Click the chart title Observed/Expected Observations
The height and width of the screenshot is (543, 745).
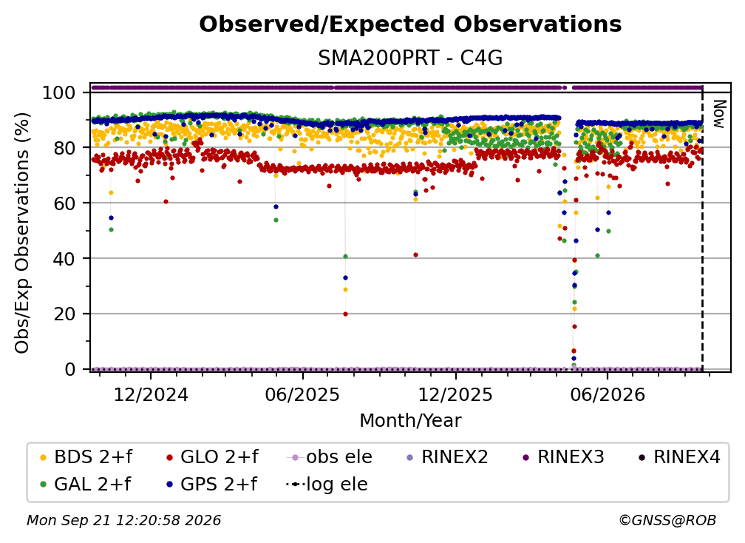coord(410,24)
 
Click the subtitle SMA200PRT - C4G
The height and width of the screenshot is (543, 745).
coord(410,58)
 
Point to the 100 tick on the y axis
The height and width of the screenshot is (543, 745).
coord(58,92)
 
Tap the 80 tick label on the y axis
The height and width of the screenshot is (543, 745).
coord(64,148)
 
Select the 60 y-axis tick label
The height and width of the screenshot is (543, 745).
coord(64,203)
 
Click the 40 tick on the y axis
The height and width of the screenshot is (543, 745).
coord(64,259)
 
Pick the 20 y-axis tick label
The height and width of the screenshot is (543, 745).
coord(64,314)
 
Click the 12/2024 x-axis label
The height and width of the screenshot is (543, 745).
coord(151,394)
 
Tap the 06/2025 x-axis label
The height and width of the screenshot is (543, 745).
coord(303,394)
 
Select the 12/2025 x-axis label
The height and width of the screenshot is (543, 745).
coord(455,394)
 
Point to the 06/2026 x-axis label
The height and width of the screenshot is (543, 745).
coord(608,394)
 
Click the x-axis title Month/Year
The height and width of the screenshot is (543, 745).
coord(410,421)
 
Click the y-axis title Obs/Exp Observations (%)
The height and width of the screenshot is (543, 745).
coord(22,233)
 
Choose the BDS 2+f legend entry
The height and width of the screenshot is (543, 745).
coord(86,457)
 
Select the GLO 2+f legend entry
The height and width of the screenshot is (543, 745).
coord(212,457)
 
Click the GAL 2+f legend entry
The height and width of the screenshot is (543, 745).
coord(85,485)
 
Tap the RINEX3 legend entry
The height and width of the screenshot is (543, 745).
coord(563,457)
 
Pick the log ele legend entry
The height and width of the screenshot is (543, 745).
coord(327,485)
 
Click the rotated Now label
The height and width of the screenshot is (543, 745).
coord(719,114)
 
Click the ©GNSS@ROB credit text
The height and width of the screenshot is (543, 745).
coord(667,520)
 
